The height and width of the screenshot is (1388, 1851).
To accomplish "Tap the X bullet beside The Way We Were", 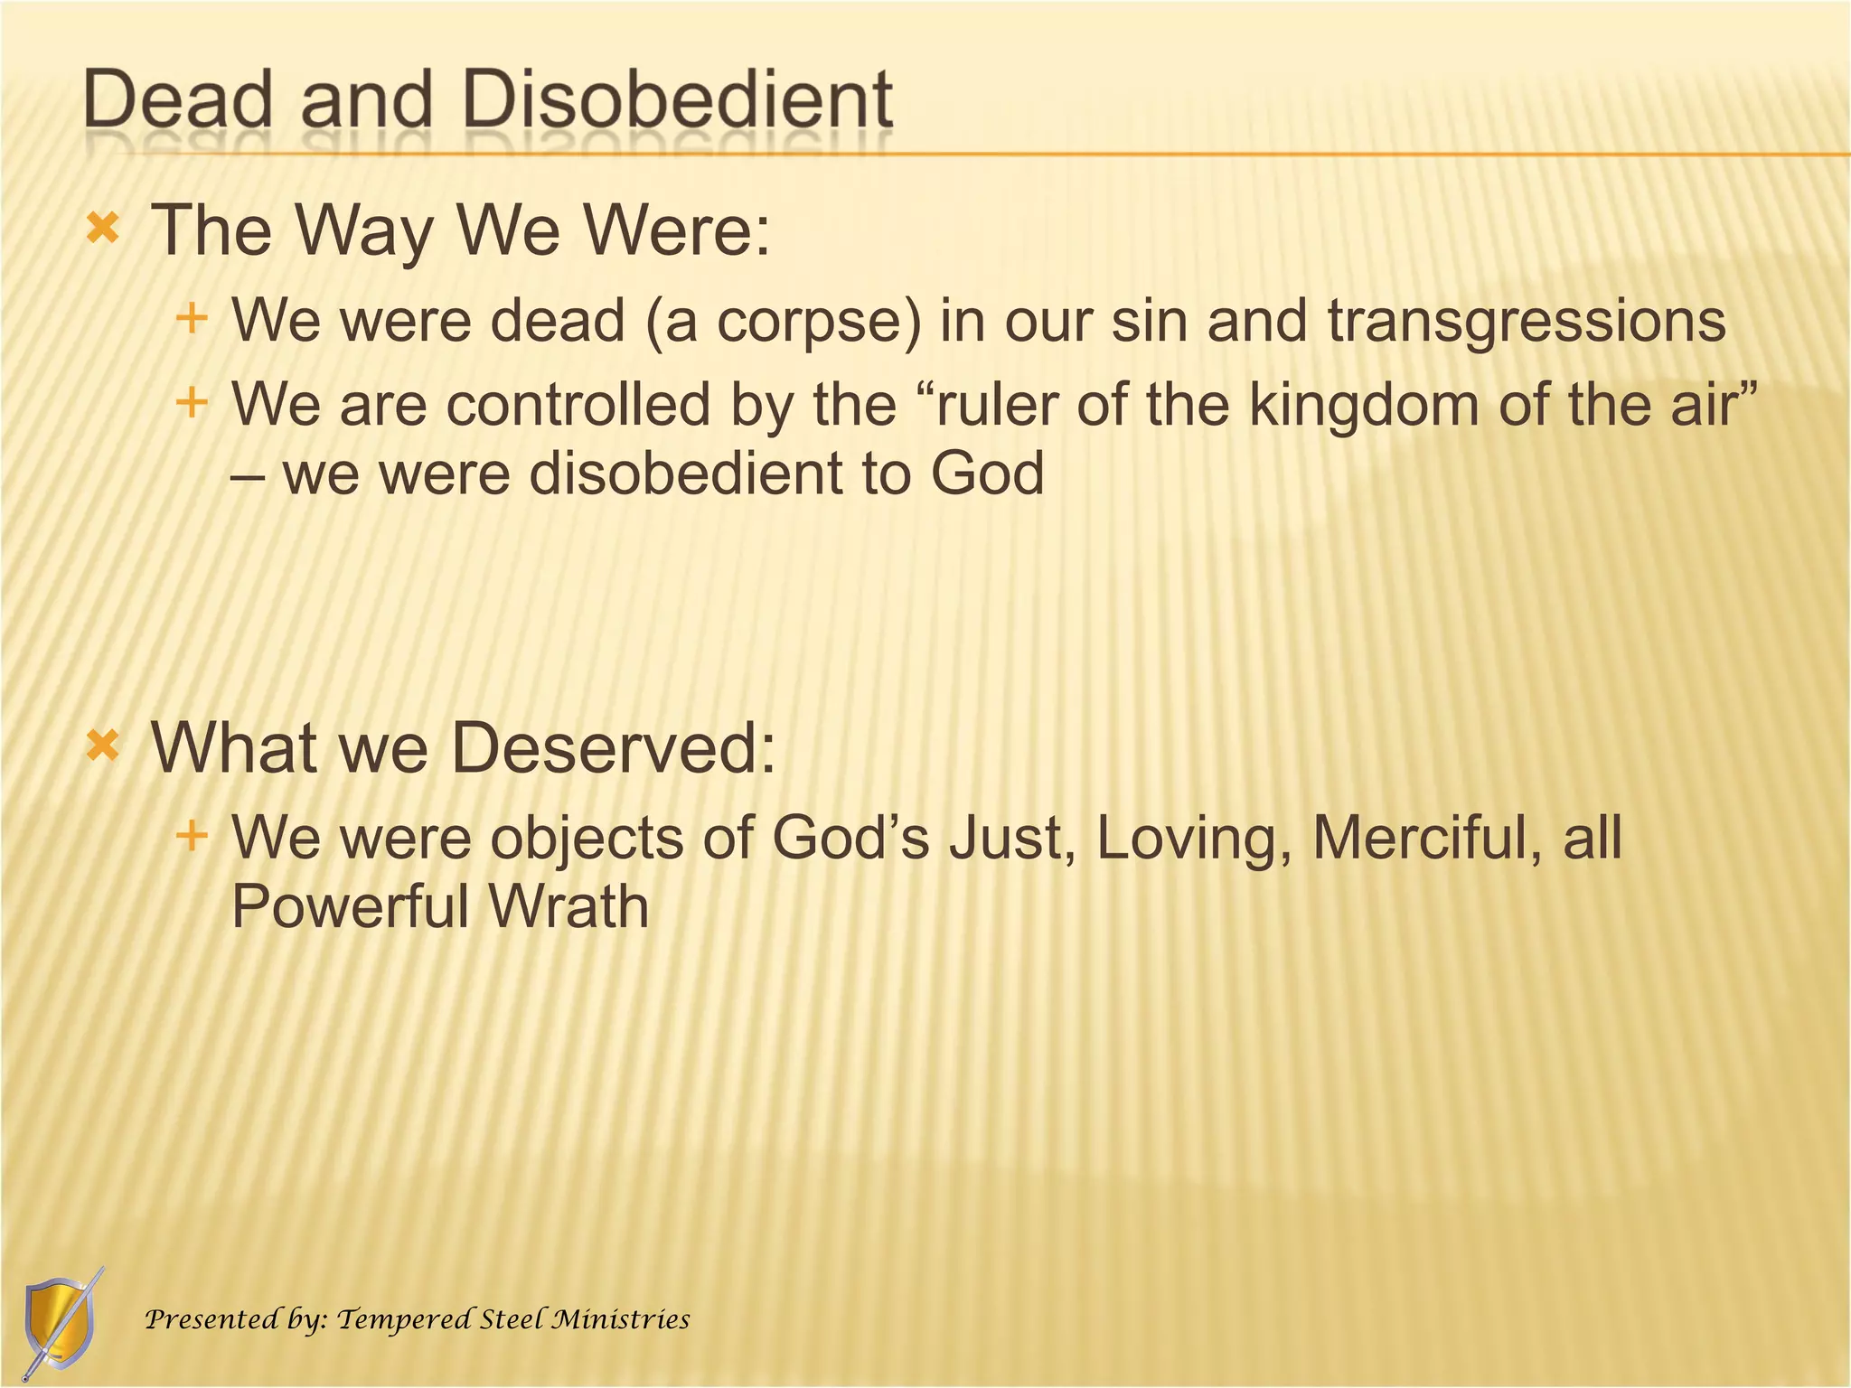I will point(103,229).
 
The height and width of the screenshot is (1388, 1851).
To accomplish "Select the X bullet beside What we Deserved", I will point(103,746).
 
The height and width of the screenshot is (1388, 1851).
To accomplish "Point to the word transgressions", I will point(1527,322).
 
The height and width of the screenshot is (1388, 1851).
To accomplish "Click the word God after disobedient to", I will point(987,474).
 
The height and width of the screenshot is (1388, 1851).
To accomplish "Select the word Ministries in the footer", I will point(621,1319).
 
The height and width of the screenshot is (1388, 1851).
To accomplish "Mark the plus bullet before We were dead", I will point(192,318).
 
